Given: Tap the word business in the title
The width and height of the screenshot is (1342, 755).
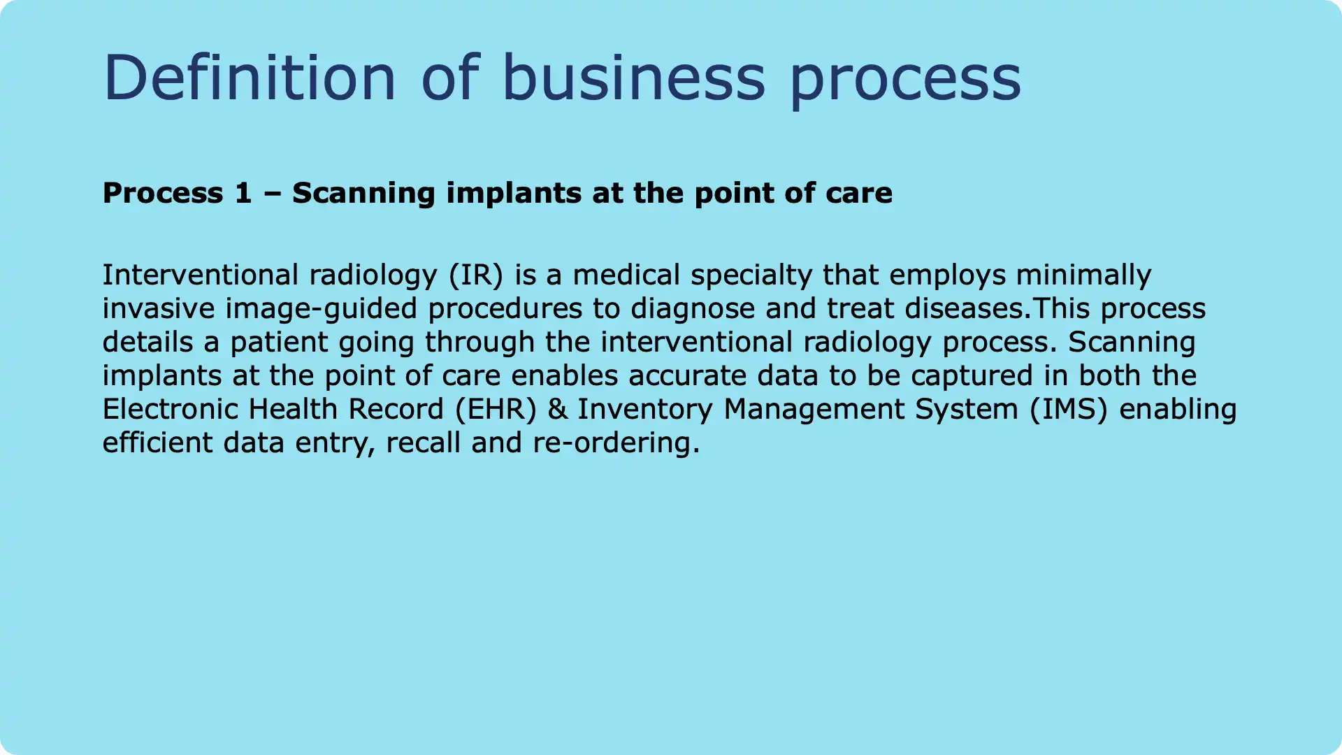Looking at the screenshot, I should click(x=633, y=78).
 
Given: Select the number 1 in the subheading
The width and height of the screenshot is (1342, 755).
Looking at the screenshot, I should click(x=243, y=193).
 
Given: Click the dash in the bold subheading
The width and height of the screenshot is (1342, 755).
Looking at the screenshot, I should click(x=272, y=193).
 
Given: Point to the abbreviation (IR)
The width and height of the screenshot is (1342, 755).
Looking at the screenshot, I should click(x=476, y=275).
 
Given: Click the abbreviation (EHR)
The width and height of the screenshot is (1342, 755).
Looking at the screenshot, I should click(x=496, y=410).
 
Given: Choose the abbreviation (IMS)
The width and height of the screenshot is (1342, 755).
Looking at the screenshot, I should click(x=1069, y=410).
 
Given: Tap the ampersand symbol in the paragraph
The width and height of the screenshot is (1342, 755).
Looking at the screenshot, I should click(x=557, y=410).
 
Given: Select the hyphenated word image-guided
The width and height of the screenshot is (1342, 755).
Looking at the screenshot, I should click(x=321, y=309).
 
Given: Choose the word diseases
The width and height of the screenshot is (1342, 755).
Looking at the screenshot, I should click(x=974, y=309).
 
